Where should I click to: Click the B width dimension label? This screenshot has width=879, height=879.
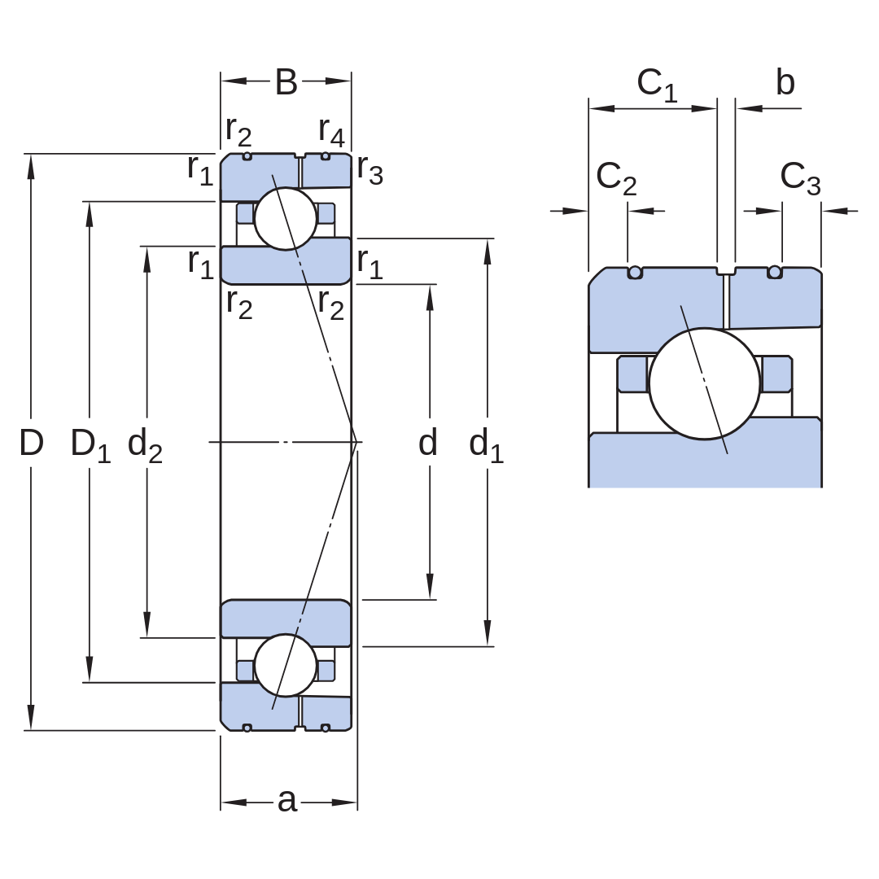coord(286,82)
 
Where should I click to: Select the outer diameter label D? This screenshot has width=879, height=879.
coord(32,442)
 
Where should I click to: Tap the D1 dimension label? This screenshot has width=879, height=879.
coord(90,445)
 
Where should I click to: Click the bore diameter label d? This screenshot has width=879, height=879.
coord(428,442)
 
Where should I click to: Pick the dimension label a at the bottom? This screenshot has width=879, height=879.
coord(287,801)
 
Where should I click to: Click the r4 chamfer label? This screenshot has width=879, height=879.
coord(331,132)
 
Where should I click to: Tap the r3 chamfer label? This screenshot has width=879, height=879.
coord(370,170)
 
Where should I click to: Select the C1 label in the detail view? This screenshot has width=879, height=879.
coord(657,85)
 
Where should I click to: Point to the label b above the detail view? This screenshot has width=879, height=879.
coord(785,82)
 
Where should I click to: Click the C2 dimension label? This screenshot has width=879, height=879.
coord(616,179)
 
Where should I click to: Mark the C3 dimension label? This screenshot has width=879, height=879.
coord(800,179)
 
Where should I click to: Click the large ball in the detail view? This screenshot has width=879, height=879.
coord(705,383)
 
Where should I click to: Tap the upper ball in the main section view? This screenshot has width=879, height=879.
coord(286,219)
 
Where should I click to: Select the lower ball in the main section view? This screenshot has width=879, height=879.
coord(286,666)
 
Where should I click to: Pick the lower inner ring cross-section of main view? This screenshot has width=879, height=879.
coord(286,619)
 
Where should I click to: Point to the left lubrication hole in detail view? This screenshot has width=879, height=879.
coord(635,273)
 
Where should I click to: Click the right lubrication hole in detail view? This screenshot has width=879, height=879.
coord(775,273)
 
